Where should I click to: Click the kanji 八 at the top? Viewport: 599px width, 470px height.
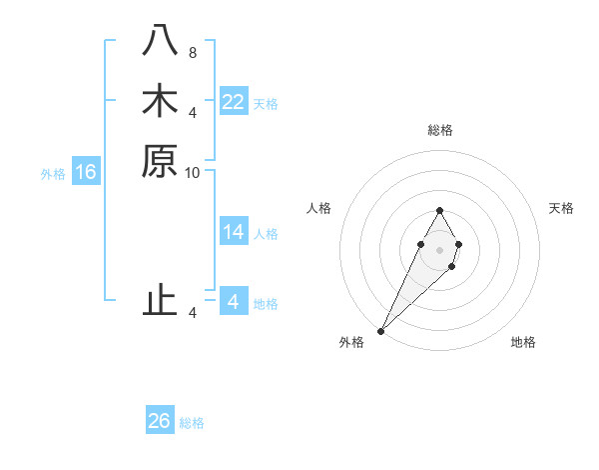pyautogui.click(x=160, y=41)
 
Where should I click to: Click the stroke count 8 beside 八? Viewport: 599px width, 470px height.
pyautogui.click(x=193, y=52)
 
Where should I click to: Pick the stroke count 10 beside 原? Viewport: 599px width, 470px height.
pyautogui.click(x=193, y=172)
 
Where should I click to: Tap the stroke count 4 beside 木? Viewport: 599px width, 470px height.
pyautogui.click(x=193, y=112)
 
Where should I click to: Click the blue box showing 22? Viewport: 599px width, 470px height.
pyautogui.click(x=234, y=102)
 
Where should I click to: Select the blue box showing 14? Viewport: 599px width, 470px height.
pyautogui.click(x=234, y=232)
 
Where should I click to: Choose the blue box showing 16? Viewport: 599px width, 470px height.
pyautogui.click(x=86, y=172)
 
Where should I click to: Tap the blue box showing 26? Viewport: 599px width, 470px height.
pyautogui.click(x=160, y=421)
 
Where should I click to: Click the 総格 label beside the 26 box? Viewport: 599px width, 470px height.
pyautogui.click(x=192, y=423)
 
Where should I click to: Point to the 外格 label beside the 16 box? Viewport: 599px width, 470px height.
pyautogui.click(x=53, y=174)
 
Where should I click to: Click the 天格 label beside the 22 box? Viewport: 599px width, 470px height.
pyautogui.click(x=266, y=104)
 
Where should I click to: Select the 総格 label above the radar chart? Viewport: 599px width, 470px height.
pyautogui.click(x=440, y=130)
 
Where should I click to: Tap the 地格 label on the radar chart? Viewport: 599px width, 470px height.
pyautogui.click(x=523, y=342)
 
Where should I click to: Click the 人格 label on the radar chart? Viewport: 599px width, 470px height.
pyautogui.click(x=319, y=208)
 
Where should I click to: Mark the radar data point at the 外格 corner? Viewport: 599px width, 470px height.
pyautogui.click(x=381, y=330)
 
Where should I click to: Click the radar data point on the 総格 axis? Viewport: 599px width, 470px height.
pyautogui.click(x=439, y=210)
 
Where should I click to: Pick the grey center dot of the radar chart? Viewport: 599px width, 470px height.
pyautogui.click(x=439, y=249)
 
